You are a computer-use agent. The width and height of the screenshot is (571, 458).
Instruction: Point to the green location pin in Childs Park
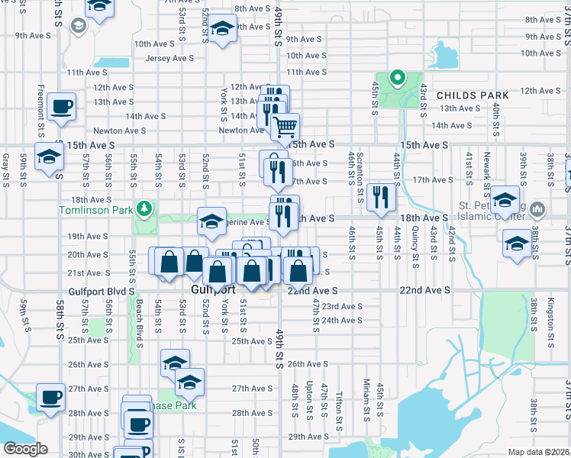[x=397, y=77]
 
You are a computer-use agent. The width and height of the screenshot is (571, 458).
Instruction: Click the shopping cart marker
[x=285, y=127]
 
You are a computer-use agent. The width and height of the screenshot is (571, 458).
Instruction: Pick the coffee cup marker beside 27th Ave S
[x=50, y=397]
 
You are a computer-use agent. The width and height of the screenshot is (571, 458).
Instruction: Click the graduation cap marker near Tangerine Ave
[x=212, y=221]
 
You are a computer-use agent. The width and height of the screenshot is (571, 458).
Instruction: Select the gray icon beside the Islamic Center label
[x=537, y=208]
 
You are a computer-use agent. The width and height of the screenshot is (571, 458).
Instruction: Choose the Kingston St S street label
[x=552, y=324]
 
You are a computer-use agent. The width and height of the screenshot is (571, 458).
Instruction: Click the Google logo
[x=24, y=449]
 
